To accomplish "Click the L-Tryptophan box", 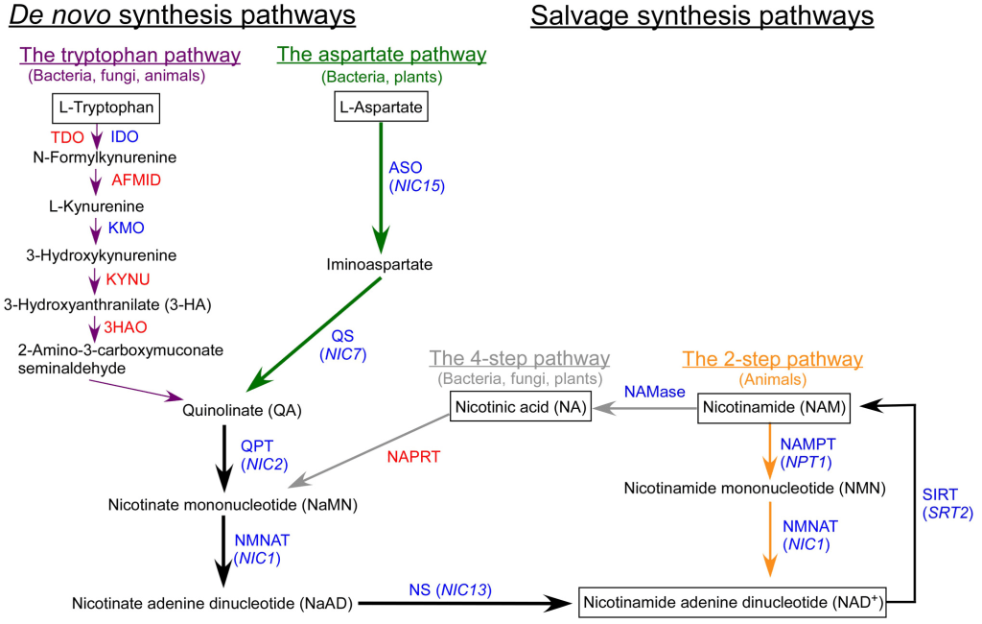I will [105, 108].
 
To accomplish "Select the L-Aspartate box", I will [381, 108].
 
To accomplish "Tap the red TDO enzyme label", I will [67, 136].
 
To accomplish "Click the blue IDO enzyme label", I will [125, 136].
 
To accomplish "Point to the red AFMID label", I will [136, 180].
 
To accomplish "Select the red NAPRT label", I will [413, 457].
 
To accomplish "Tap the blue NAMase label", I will [654, 392].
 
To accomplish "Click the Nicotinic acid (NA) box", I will [518, 408].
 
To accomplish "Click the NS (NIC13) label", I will [450, 588].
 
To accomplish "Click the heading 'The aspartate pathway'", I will [381, 55].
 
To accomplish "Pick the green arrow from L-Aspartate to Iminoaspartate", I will [381, 182].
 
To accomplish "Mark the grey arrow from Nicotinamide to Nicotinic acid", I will [644, 409].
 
